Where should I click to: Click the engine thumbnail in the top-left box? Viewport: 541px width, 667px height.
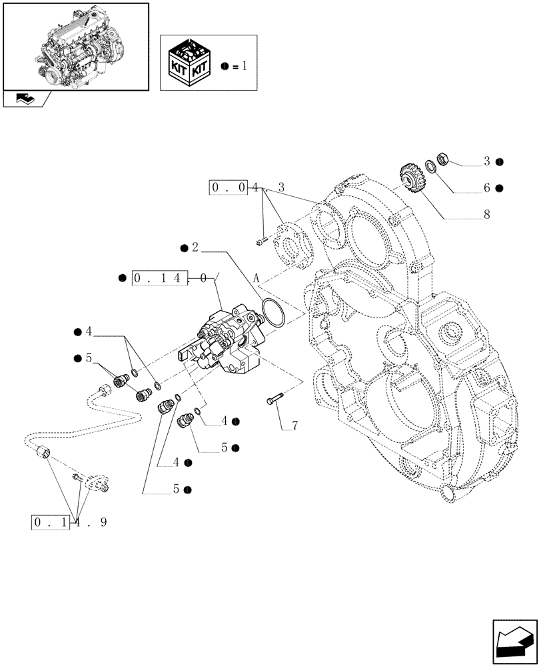tap(75, 46)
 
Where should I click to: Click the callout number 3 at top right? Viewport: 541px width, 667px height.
tap(487, 161)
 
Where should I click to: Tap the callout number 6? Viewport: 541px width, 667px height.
tap(488, 189)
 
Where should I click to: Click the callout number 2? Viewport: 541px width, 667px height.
tap(195, 248)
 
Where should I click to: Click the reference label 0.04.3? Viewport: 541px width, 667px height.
tap(247, 189)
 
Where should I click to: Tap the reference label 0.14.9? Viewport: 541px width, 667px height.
tap(68, 522)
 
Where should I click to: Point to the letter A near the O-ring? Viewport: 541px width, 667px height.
tap(256, 277)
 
